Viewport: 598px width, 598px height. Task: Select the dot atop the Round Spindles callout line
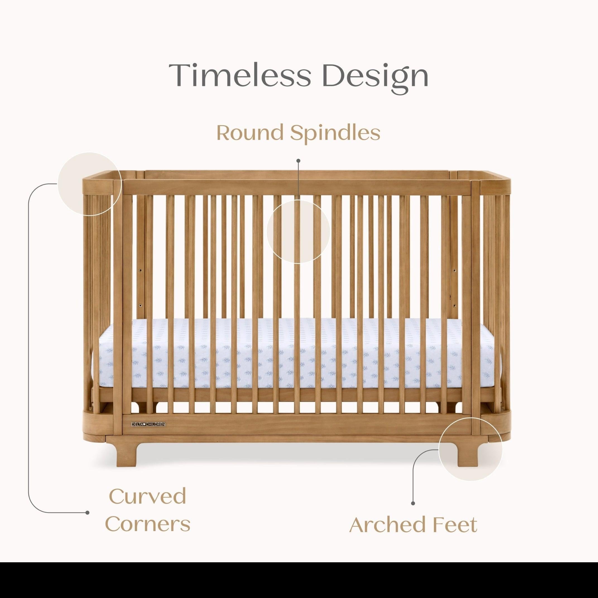[298, 161]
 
